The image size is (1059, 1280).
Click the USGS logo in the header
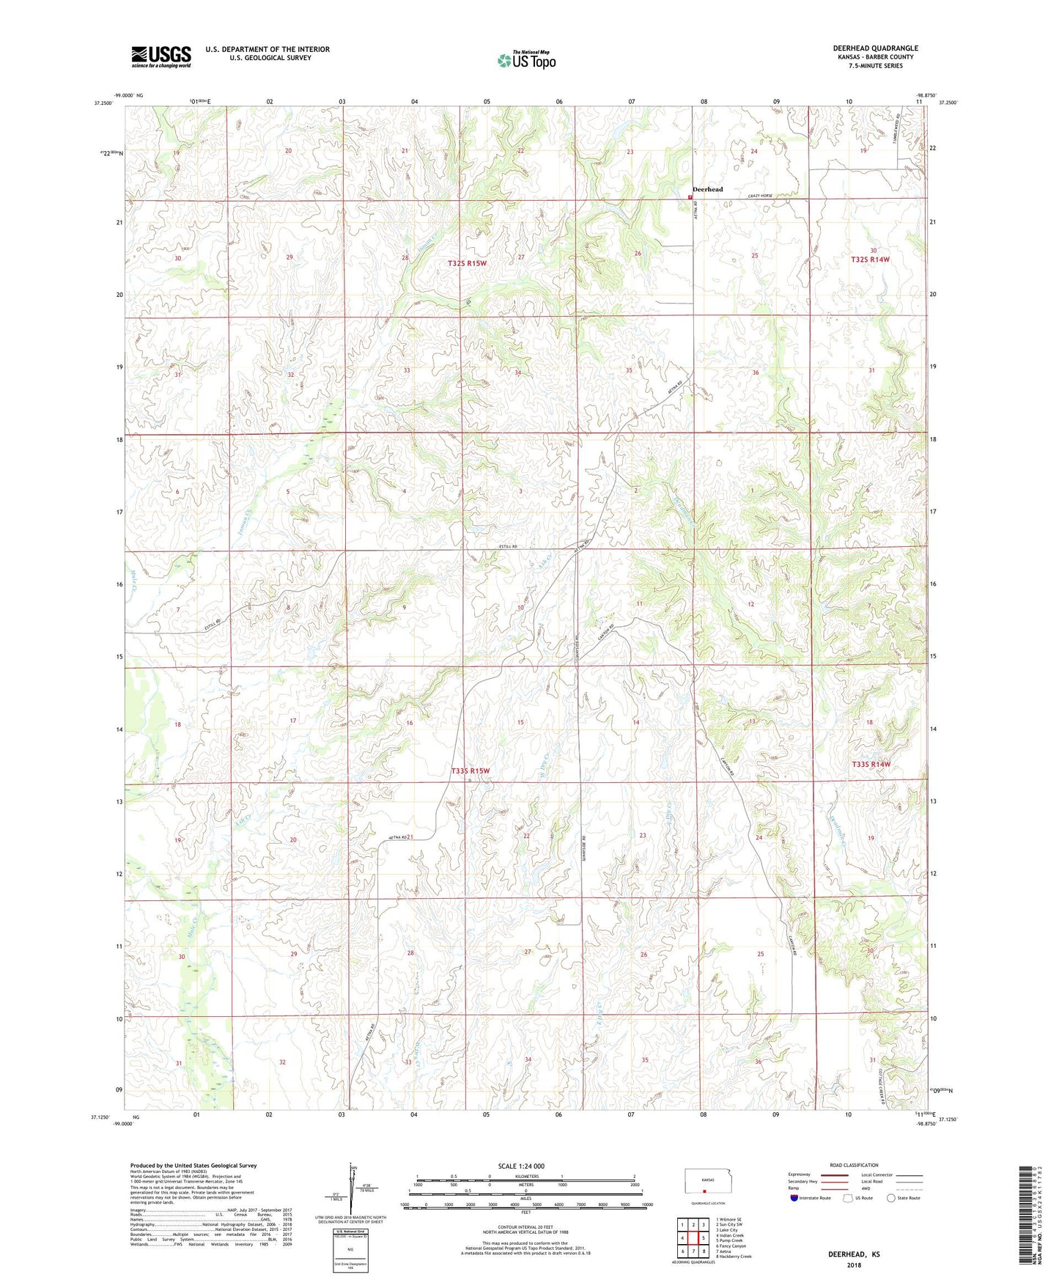click(x=160, y=56)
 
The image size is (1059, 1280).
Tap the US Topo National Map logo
click(x=526, y=59)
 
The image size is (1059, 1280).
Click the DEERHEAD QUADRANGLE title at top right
click(x=875, y=48)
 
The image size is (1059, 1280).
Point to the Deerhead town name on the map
click(x=707, y=189)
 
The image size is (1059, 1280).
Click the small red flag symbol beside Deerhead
click(x=690, y=196)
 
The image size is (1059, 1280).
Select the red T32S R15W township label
click(x=467, y=262)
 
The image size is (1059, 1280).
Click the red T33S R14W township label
click(x=871, y=765)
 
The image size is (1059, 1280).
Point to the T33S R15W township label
click(x=470, y=770)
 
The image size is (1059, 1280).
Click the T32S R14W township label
click(x=870, y=260)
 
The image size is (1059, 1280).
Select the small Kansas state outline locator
click(x=702, y=1181)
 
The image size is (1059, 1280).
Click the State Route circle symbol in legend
click(x=890, y=1199)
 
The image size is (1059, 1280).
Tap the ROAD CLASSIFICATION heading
click(x=854, y=1165)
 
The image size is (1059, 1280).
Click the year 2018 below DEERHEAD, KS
click(x=854, y=1265)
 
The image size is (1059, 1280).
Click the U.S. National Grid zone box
click(x=350, y=1247)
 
